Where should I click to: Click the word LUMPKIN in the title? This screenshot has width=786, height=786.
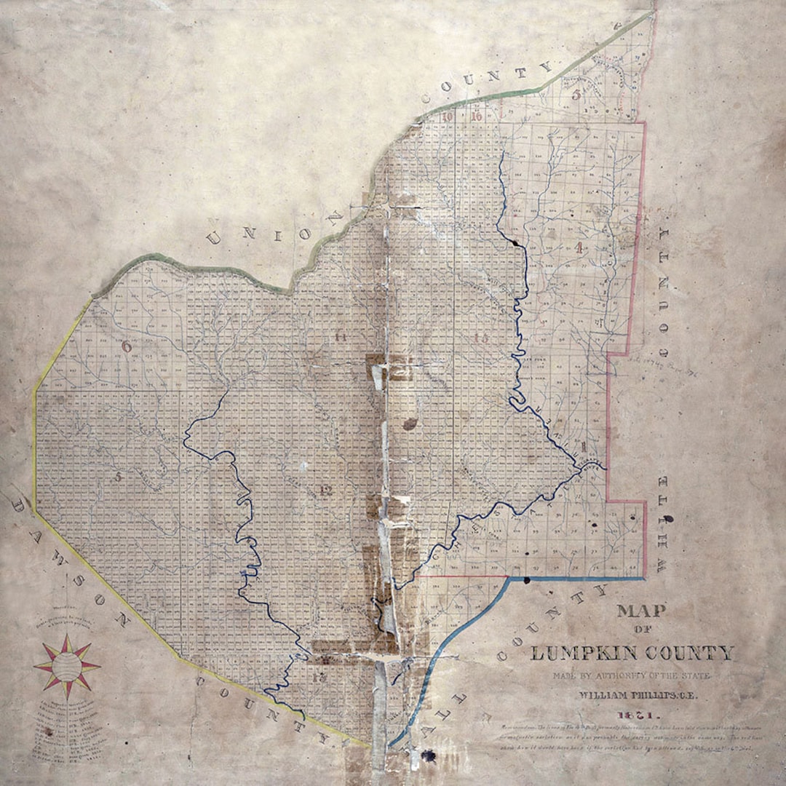(576, 652)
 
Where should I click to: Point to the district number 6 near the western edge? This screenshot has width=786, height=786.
(127, 346)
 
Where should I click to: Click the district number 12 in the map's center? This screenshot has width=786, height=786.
(325, 491)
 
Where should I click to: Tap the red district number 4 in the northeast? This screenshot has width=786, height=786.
(579, 247)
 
